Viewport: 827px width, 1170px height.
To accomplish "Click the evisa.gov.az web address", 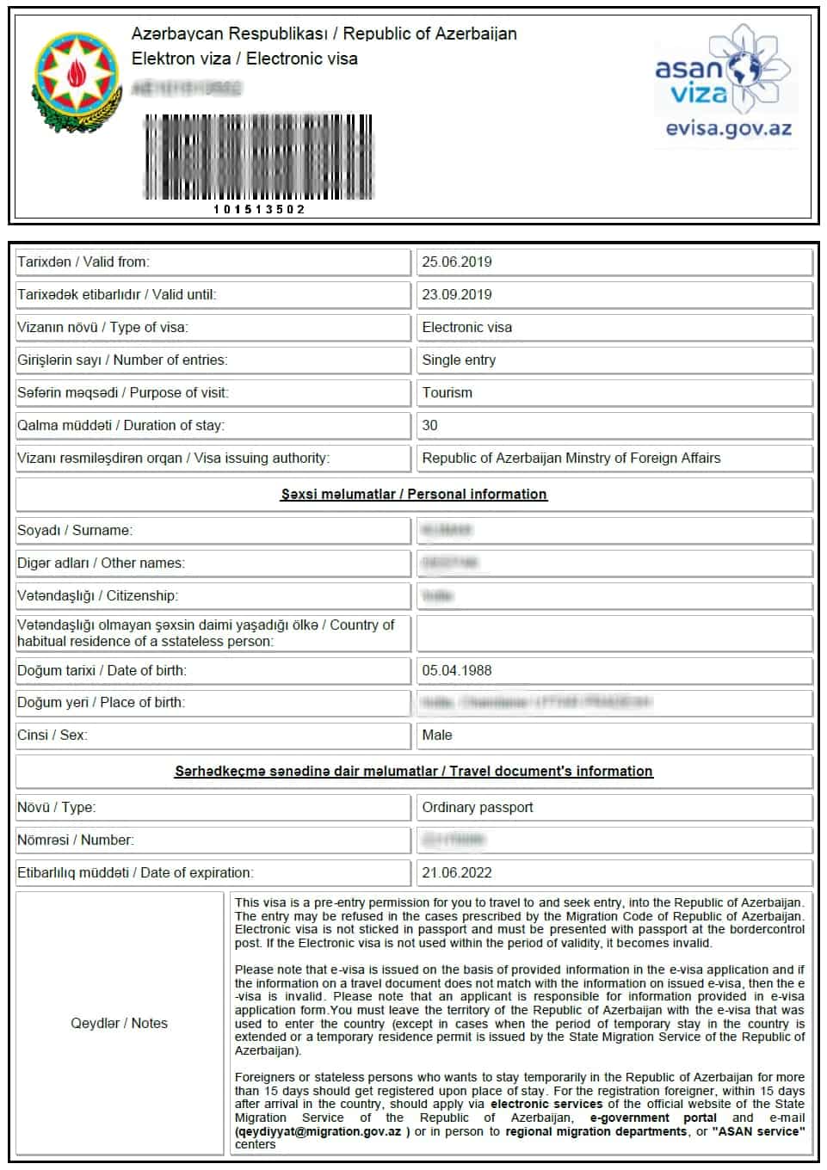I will click(x=728, y=130).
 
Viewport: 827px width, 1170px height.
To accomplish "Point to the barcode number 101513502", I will click(x=259, y=209).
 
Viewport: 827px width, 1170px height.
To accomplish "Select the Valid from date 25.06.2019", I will click(x=457, y=262).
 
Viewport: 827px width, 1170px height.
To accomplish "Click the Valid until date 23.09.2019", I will click(x=457, y=295).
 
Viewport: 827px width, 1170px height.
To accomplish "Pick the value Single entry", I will click(x=459, y=360).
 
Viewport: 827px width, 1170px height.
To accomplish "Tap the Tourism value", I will click(x=447, y=393).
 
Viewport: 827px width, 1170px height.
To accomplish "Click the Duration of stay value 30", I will click(x=429, y=426).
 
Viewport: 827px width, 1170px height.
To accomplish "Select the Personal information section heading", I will click(x=414, y=495).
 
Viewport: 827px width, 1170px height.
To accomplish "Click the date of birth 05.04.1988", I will click(x=457, y=671).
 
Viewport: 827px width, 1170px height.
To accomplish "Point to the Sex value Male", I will click(x=437, y=736).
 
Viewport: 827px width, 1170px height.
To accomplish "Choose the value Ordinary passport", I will click(x=478, y=808).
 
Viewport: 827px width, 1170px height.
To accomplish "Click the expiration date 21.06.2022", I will click(x=457, y=873).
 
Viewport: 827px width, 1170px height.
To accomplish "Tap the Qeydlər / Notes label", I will click(x=119, y=1024).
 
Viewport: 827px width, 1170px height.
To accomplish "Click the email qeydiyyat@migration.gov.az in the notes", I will click(x=318, y=1131).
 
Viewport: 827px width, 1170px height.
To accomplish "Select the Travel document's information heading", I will click(x=414, y=772).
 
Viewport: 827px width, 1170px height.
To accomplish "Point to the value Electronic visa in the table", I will click(x=466, y=328).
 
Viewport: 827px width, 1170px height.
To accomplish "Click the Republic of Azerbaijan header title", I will click(x=324, y=34).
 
